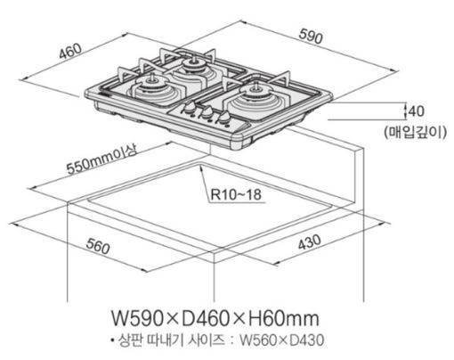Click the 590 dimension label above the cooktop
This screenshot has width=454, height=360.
(x=311, y=37)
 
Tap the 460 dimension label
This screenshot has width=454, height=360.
(x=70, y=51)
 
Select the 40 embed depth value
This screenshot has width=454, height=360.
(x=416, y=111)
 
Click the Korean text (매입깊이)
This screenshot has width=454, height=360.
(x=415, y=132)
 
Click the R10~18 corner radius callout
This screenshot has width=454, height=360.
(x=236, y=194)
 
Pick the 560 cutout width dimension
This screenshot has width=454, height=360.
(x=98, y=246)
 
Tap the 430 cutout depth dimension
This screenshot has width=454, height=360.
(x=310, y=242)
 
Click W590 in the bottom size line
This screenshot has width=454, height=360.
(x=137, y=318)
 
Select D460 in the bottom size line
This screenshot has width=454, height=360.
(x=206, y=318)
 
